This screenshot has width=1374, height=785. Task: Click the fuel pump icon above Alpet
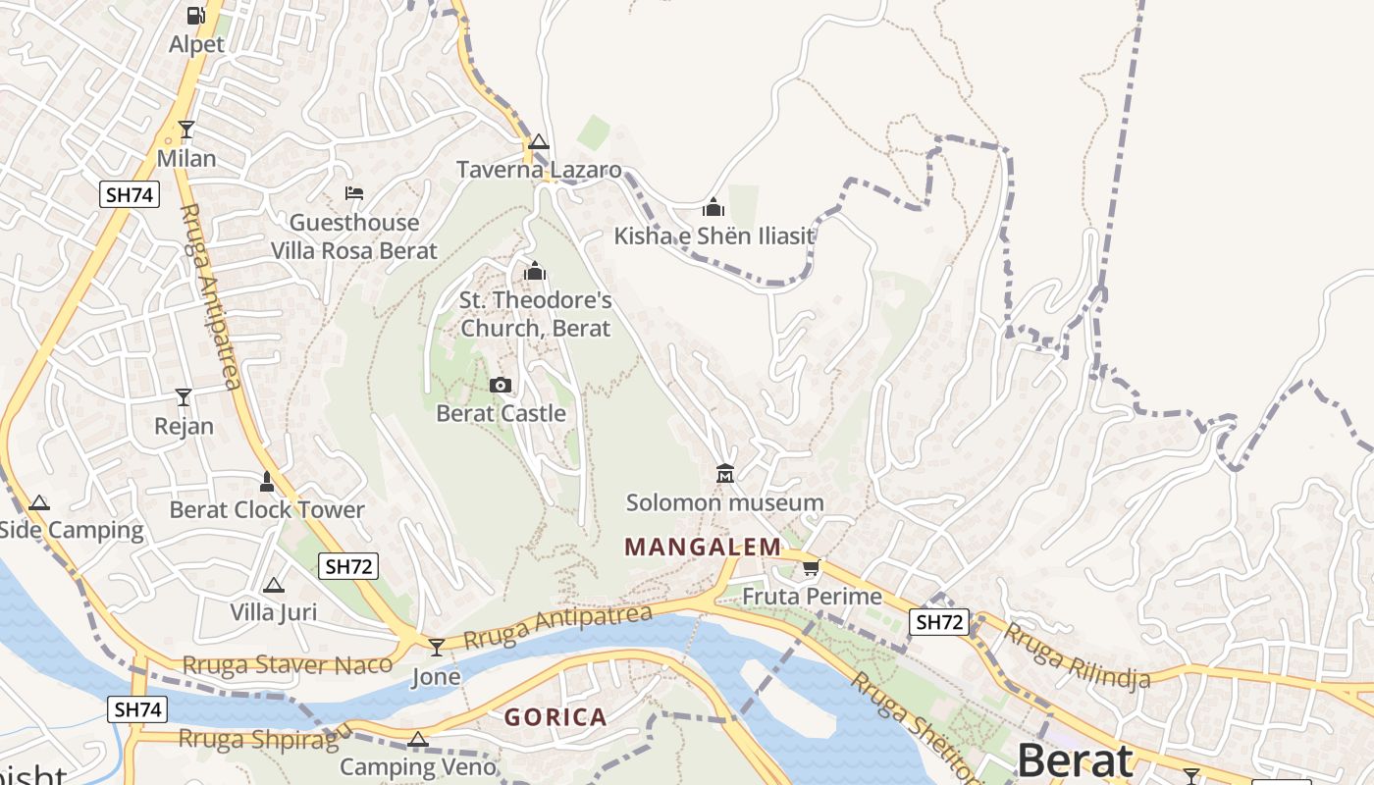coord(196,16)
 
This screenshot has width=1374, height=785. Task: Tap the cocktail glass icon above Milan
coord(186,129)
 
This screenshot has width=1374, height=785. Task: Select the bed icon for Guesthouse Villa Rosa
coord(354,193)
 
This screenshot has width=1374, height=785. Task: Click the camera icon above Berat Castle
coord(501,385)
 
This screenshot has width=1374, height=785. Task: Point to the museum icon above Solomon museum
coord(725,474)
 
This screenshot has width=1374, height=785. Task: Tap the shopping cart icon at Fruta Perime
coord(812,567)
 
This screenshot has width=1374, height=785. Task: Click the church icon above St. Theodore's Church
coord(535,271)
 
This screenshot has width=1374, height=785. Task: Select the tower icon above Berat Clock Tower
coord(266,481)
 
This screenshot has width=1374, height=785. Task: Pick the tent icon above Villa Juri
coord(274,585)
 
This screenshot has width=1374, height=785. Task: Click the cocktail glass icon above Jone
coord(436,648)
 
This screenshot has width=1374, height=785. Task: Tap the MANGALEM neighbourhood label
coord(703,547)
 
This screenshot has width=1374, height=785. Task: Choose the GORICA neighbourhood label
coord(555,717)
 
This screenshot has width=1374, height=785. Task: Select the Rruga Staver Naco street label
coord(288,664)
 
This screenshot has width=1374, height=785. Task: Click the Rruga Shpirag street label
coord(265,738)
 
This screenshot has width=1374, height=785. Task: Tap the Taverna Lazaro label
coord(539,170)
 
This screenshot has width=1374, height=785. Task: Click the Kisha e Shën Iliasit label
coord(713,235)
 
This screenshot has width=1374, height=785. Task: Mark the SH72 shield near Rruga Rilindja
coord(939,622)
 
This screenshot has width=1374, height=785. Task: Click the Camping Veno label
coord(418,766)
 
